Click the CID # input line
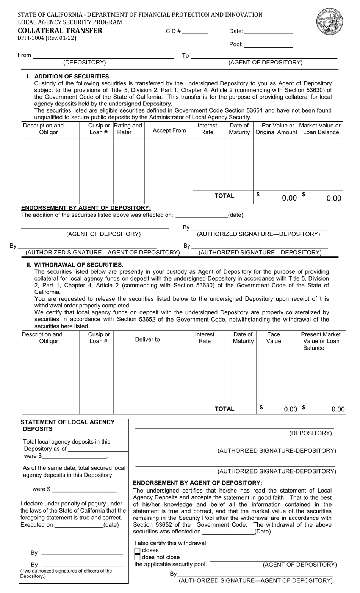(x=196, y=31)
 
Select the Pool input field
(x=269, y=45)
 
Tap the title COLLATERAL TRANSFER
(x=60, y=31)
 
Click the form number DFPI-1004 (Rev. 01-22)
(x=47, y=38)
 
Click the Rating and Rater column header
(x=128, y=129)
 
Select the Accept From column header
(x=169, y=130)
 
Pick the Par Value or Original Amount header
(x=276, y=129)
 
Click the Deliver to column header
(x=147, y=339)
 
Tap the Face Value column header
(x=274, y=337)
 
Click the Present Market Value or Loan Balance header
(x=321, y=341)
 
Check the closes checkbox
(x=138, y=551)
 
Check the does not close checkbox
(x=138, y=557)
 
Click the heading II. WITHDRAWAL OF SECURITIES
(x=75, y=265)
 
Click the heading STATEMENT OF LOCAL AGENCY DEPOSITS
(x=67, y=425)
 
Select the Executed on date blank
(x=78, y=525)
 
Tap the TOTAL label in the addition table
(x=224, y=196)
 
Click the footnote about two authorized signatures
(x=66, y=573)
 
